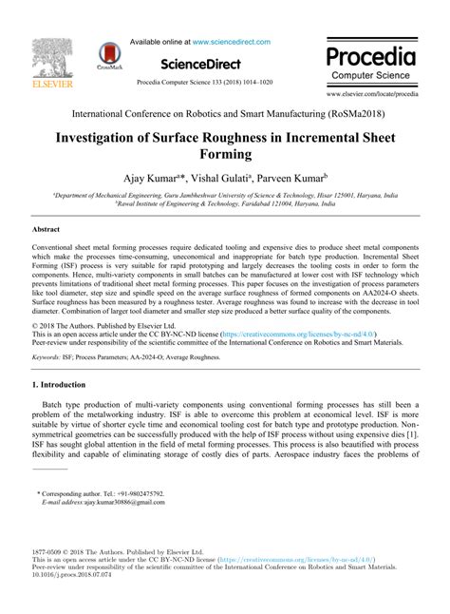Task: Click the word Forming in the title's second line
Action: pyautogui.click(x=225, y=153)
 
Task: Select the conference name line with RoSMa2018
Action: pyautogui.click(x=225, y=112)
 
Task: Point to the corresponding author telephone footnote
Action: pyautogui.click(x=101, y=494)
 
